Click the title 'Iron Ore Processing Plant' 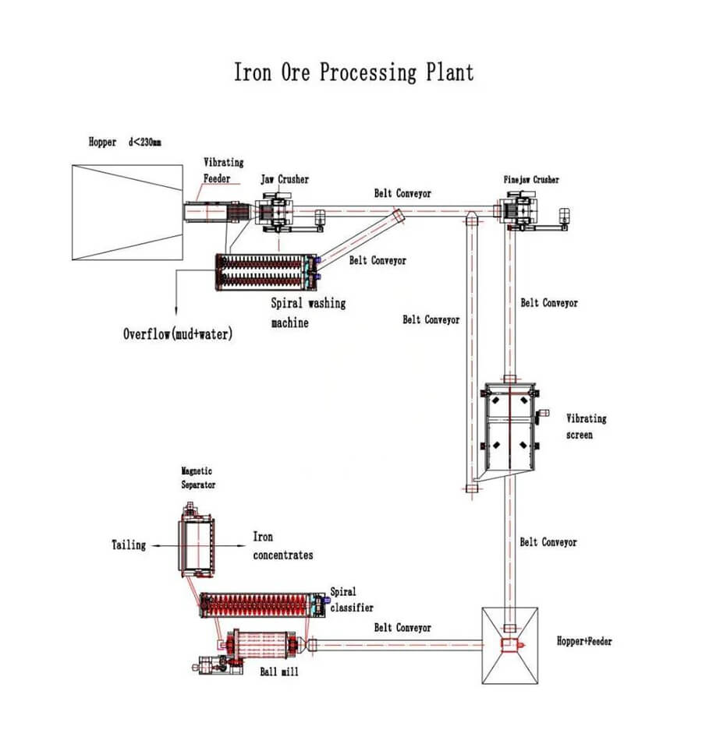353,72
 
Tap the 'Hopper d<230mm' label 125,143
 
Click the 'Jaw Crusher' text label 284,180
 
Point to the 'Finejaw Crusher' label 530,180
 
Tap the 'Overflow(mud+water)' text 177,334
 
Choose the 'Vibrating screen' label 585,426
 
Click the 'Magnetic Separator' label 198,478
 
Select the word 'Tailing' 128,545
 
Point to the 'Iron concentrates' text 282,545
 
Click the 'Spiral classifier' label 351,599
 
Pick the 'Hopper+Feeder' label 584,642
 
